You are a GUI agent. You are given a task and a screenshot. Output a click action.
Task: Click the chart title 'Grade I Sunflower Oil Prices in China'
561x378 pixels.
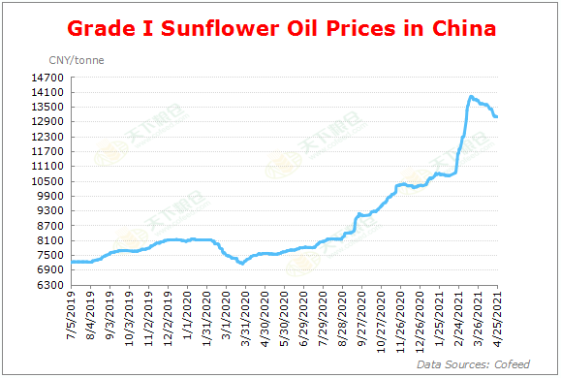pos(280,28)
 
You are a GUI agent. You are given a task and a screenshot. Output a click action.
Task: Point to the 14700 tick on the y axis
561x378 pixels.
pos(49,78)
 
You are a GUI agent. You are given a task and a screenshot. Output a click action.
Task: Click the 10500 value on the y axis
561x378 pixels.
pos(49,181)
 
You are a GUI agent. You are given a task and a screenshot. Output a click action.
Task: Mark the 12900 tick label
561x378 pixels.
pos(49,122)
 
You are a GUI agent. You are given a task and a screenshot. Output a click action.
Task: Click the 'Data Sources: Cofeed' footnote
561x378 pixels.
pos(473,364)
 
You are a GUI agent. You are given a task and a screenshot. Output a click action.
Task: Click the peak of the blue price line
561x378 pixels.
pos(471,96)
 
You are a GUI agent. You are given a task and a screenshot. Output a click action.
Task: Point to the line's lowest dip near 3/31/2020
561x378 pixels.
pos(241,264)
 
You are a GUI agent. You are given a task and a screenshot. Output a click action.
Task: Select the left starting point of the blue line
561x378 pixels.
pos(73,262)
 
